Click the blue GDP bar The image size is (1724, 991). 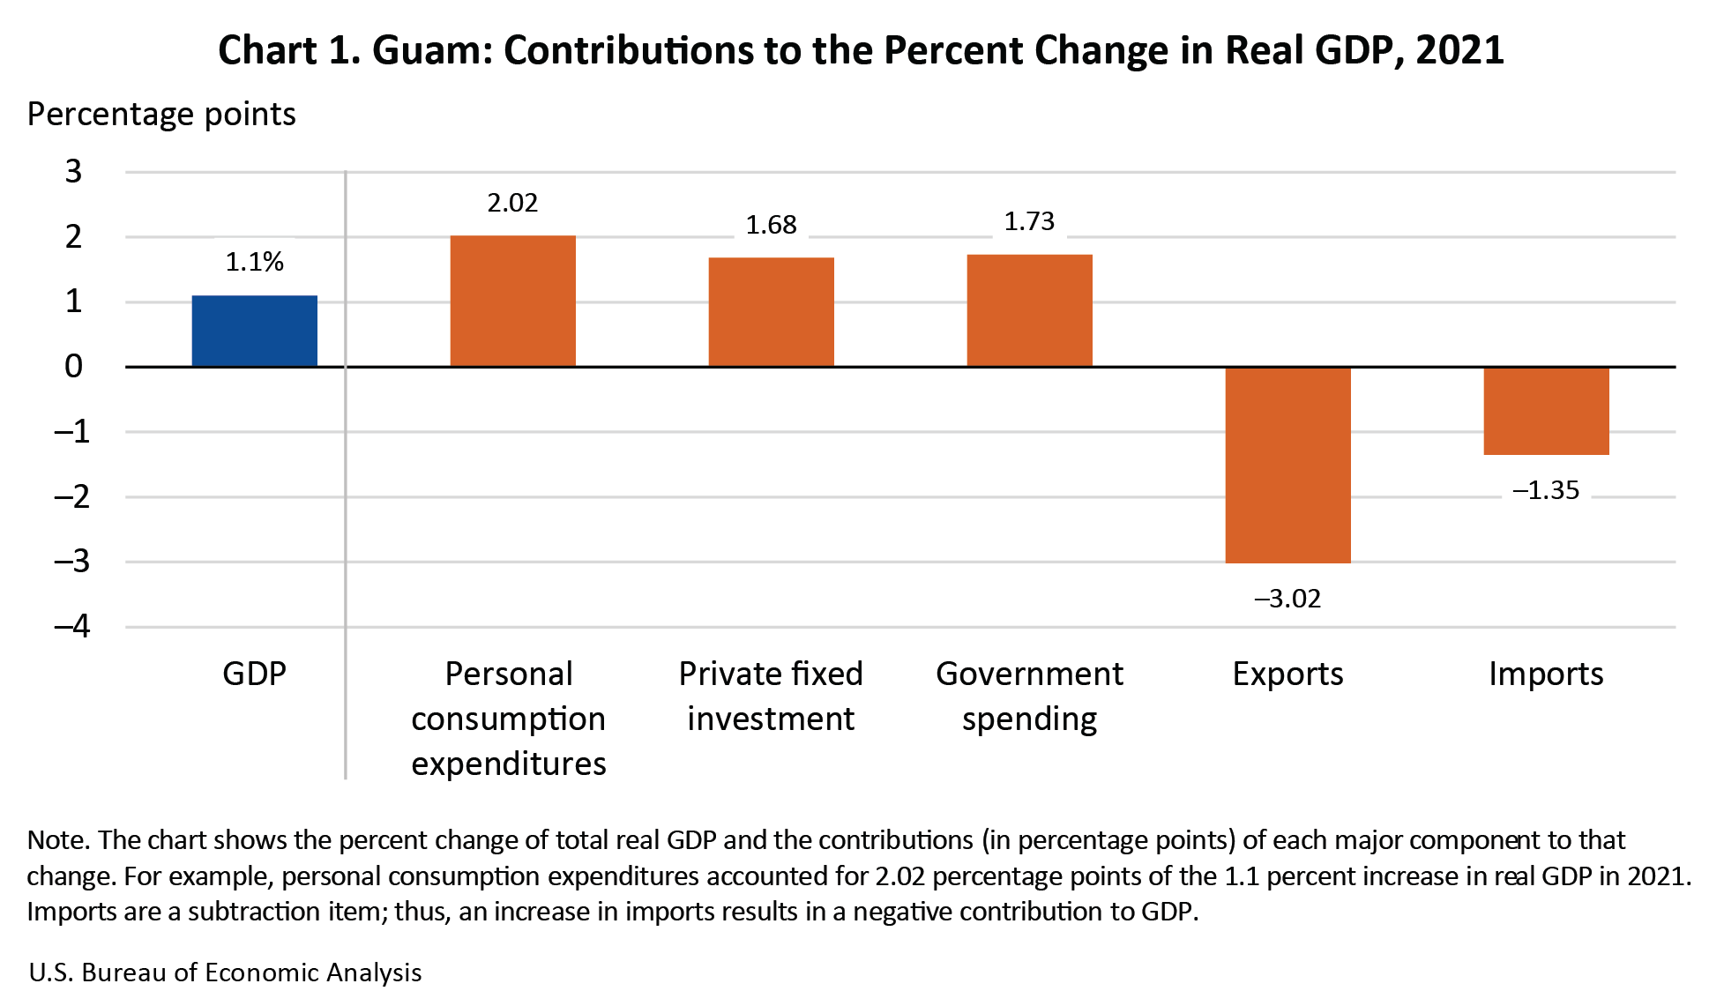[x=254, y=331]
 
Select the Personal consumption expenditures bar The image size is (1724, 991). [x=512, y=301]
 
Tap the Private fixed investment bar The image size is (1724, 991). [x=771, y=311]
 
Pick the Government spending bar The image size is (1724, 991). [x=1029, y=310]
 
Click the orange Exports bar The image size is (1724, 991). [x=1287, y=465]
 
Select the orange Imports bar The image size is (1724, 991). [x=1546, y=411]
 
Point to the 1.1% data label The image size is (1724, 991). [x=254, y=262]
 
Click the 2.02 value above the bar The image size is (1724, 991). [x=512, y=203]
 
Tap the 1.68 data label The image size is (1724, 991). [x=771, y=225]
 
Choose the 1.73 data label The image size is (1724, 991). [x=1029, y=221]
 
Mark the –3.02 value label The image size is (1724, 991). [x=1287, y=599]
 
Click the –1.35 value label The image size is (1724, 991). [x=1546, y=490]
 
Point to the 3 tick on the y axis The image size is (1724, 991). [x=73, y=172]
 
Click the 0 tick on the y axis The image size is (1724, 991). [x=73, y=367]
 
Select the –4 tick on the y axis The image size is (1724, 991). [x=71, y=627]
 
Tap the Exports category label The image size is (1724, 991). [x=1287, y=674]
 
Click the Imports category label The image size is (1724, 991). [x=1546, y=674]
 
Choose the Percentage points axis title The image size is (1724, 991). [x=161, y=115]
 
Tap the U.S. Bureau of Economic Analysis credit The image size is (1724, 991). [x=225, y=972]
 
